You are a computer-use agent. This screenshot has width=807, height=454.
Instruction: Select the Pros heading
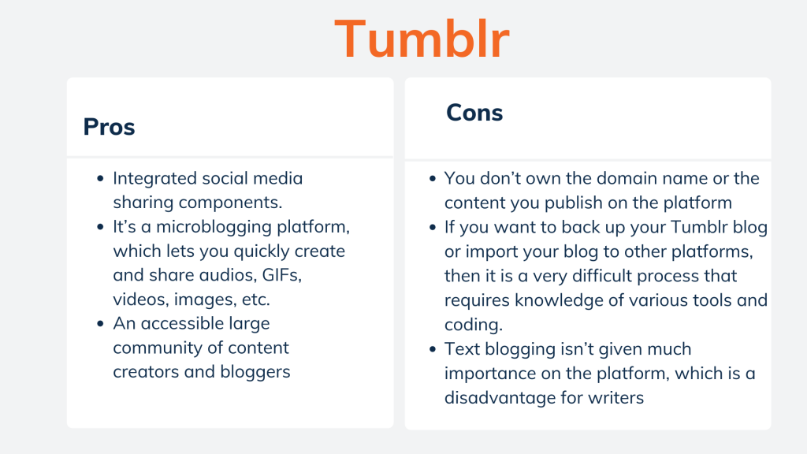coord(109,127)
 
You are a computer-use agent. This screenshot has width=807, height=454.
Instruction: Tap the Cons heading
coord(474,113)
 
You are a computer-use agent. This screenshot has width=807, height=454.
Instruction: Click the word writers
coord(616,397)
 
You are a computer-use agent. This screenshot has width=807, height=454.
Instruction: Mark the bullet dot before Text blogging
coord(433,349)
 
